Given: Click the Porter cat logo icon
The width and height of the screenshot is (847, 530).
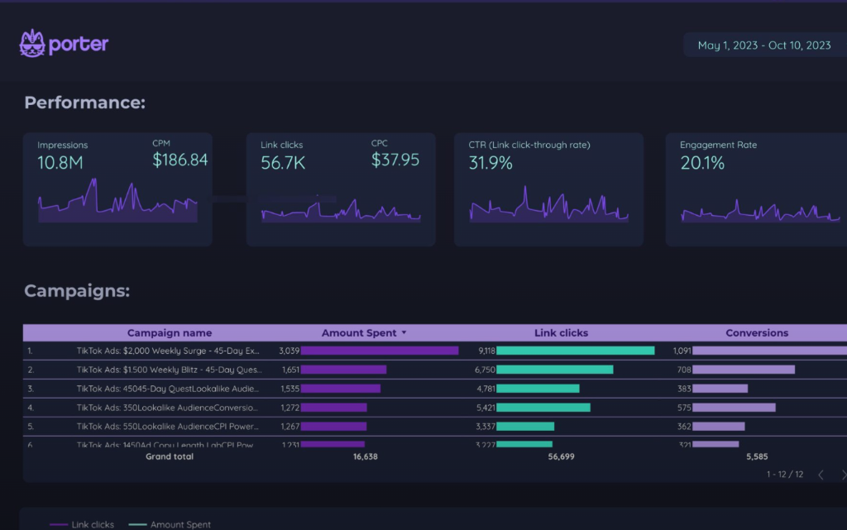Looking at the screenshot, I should (32, 43).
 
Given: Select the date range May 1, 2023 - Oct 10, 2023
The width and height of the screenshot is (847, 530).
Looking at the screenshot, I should (763, 45).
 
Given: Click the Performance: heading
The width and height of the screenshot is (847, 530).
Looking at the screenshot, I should (84, 103).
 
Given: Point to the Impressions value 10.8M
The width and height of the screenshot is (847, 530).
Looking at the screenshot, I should (60, 163).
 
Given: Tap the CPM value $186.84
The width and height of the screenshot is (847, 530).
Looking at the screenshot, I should (179, 160).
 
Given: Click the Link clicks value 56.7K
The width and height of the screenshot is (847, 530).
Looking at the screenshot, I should (283, 163).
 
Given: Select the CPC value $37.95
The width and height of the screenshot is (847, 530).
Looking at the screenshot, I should (395, 160).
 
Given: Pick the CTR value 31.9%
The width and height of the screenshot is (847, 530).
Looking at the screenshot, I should (490, 163).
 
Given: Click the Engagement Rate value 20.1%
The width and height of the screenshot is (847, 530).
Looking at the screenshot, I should (702, 163).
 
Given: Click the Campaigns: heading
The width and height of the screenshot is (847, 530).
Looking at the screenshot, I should (77, 291).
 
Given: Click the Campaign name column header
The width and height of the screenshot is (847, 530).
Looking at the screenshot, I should (169, 333).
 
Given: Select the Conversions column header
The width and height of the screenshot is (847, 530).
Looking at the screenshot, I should (757, 333).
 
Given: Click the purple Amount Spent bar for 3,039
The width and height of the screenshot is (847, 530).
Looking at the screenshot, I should (380, 351).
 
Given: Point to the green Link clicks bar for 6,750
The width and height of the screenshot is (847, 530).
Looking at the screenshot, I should (555, 370).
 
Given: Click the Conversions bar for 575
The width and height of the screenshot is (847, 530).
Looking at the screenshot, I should (734, 408).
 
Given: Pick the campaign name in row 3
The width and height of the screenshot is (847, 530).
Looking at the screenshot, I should (167, 389).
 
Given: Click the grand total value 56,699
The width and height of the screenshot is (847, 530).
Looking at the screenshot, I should (561, 456).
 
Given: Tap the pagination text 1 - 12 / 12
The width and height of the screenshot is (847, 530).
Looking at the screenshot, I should (784, 475).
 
